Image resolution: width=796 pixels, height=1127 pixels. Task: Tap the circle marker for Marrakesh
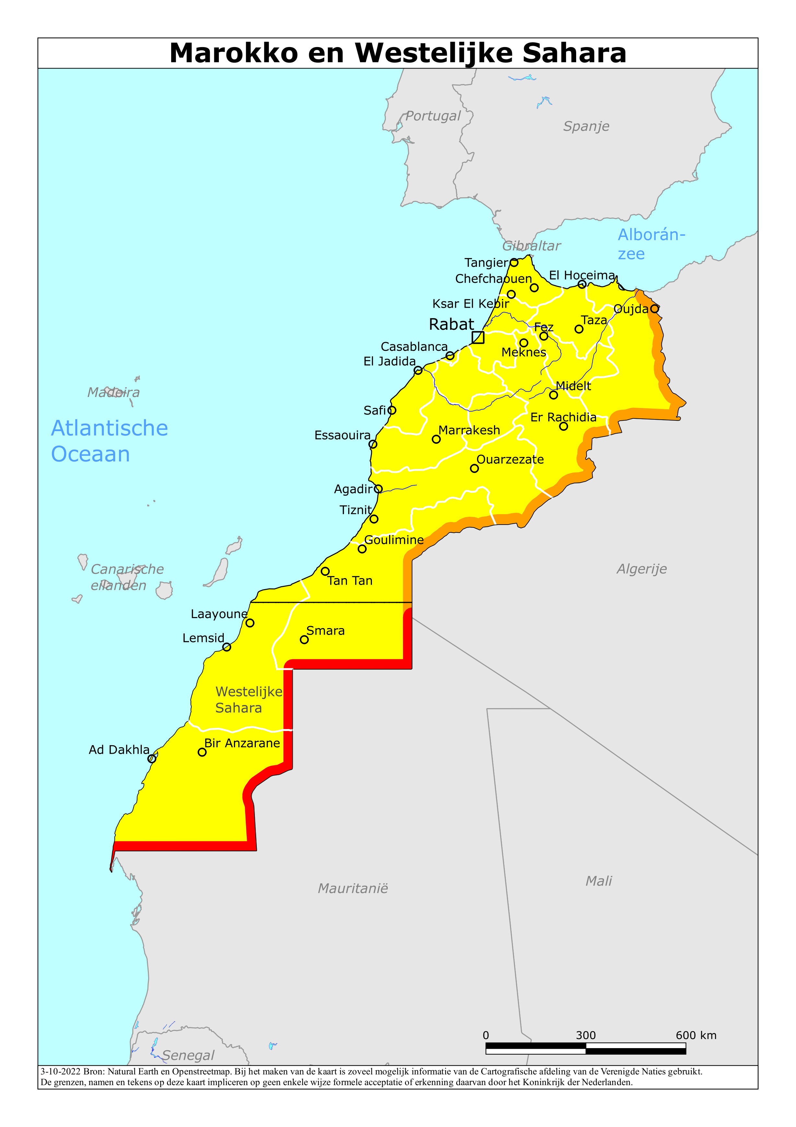pyautogui.click(x=436, y=439)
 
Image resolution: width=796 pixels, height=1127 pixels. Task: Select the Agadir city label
pyautogui.click(x=353, y=489)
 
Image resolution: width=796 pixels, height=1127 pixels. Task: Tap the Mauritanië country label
pyautogui.click(x=353, y=888)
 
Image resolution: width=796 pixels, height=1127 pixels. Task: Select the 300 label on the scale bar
pyautogui.click(x=586, y=1035)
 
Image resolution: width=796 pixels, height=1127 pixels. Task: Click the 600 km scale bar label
pyautogui.click(x=695, y=1035)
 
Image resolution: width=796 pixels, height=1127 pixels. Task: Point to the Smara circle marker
pyautogui.click(x=304, y=639)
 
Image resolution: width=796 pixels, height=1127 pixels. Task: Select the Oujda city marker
pyautogui.click(x=654, y=309)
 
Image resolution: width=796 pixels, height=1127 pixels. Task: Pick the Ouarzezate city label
pyautogui.click(x=510, y=459)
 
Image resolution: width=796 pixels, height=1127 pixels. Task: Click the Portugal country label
pyautogui.click(x=433, y=116)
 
